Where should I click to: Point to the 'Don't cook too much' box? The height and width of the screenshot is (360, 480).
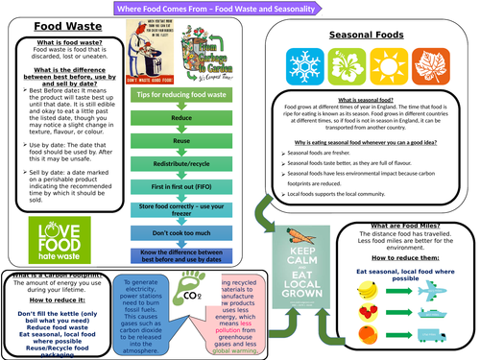click(180, 232)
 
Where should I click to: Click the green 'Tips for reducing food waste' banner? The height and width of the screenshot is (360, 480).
click(180, 93)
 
